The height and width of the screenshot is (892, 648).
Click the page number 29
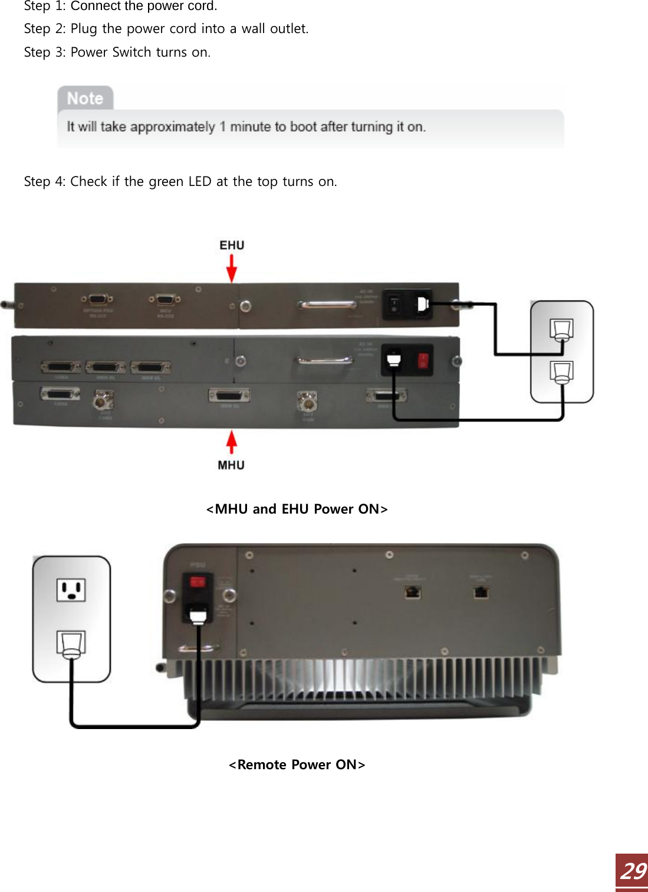[633, 871]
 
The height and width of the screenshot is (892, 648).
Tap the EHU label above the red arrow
[232, 245]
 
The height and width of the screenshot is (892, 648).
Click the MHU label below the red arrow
[231, 465]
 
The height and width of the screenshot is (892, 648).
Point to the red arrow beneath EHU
[232, 268]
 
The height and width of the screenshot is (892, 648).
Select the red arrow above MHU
[232, 442]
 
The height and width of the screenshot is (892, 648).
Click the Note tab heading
[85, 99]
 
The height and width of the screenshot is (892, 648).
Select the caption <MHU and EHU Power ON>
[297, 509]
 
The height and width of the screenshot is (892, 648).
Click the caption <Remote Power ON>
[297, 764]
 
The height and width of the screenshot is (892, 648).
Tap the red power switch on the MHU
[423, 360]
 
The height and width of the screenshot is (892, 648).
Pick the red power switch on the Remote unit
[197, 582]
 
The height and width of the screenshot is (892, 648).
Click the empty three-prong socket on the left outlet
[71, 590]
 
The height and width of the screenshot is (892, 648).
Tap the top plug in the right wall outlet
[561, 330]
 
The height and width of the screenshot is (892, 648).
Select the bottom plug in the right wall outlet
[561, 372]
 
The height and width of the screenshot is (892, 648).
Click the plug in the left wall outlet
[71, 643]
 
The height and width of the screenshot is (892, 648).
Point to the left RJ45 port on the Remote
[413, 592]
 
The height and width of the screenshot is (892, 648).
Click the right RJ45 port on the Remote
[481, 592]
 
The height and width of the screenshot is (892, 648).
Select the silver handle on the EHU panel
[327, 305]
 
